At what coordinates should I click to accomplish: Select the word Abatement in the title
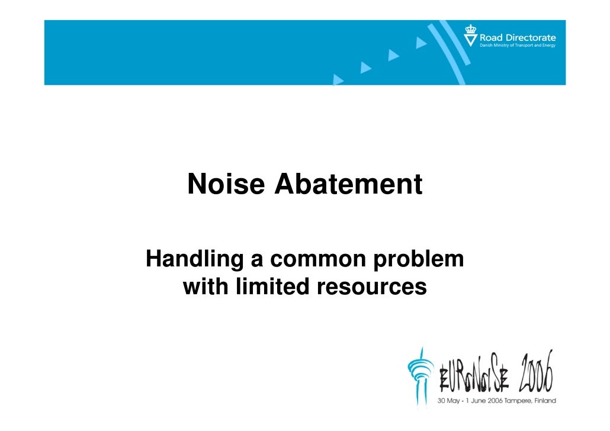coord(348,185)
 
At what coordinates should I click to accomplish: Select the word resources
coord(372,287)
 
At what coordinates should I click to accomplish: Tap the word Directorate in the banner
coord(530,38)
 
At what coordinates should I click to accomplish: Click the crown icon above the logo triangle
coord(470,28)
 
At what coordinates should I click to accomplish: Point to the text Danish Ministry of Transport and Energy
coord(517,46)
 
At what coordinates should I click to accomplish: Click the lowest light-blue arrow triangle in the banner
coord(339,78)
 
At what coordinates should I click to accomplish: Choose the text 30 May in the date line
coord(448,401)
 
